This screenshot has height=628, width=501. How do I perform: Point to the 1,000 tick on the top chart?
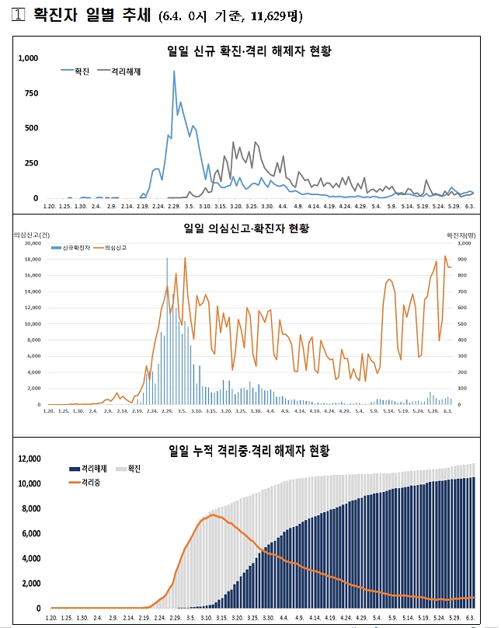tap(28, 58)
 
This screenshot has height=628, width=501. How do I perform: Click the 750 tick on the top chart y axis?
tap(31, 93)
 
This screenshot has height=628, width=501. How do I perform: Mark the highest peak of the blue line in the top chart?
tap(174, 72)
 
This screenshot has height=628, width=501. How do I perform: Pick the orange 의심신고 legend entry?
tap(114, 247)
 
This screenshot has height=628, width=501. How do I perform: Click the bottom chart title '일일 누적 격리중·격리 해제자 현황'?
tap(249, 451)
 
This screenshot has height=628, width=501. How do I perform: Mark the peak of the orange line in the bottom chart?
tap(212, 515)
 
